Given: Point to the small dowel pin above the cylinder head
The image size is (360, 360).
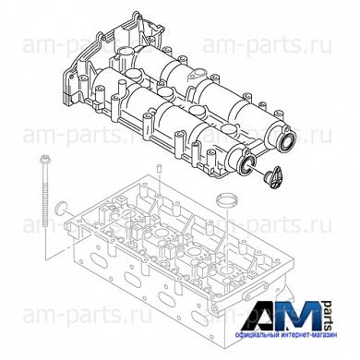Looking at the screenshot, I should tap(159, 168).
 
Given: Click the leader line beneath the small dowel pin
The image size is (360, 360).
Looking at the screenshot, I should tap(159, 185).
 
